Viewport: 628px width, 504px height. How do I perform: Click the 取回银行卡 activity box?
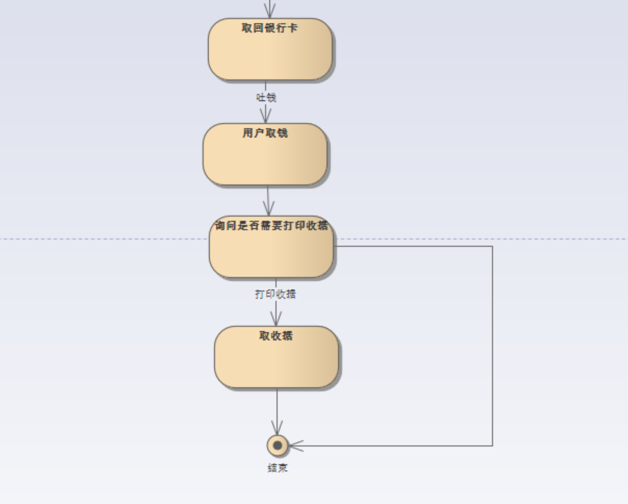point(270,55)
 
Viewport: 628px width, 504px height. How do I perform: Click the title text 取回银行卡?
point(270,28)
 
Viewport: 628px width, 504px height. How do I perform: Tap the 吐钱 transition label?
point(266,98)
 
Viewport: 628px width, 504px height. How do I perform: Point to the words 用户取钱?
point(265,133)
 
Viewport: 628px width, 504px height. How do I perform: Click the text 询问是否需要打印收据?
point(271,226)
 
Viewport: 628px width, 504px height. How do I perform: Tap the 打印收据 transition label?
point(275,294)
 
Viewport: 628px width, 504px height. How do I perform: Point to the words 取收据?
point(276,336)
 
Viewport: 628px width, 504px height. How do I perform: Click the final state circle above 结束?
point(278,445)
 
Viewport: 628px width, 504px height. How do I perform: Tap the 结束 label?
point(278,468)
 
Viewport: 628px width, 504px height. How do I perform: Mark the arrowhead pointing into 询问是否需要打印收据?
point(269,209)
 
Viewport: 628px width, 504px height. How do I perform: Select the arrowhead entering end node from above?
point(278,429)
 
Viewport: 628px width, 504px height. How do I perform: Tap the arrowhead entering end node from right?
point(294,445)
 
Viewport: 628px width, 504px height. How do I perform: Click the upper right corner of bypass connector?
point(493,246)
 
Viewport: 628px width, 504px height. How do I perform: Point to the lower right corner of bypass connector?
point(493,445)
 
